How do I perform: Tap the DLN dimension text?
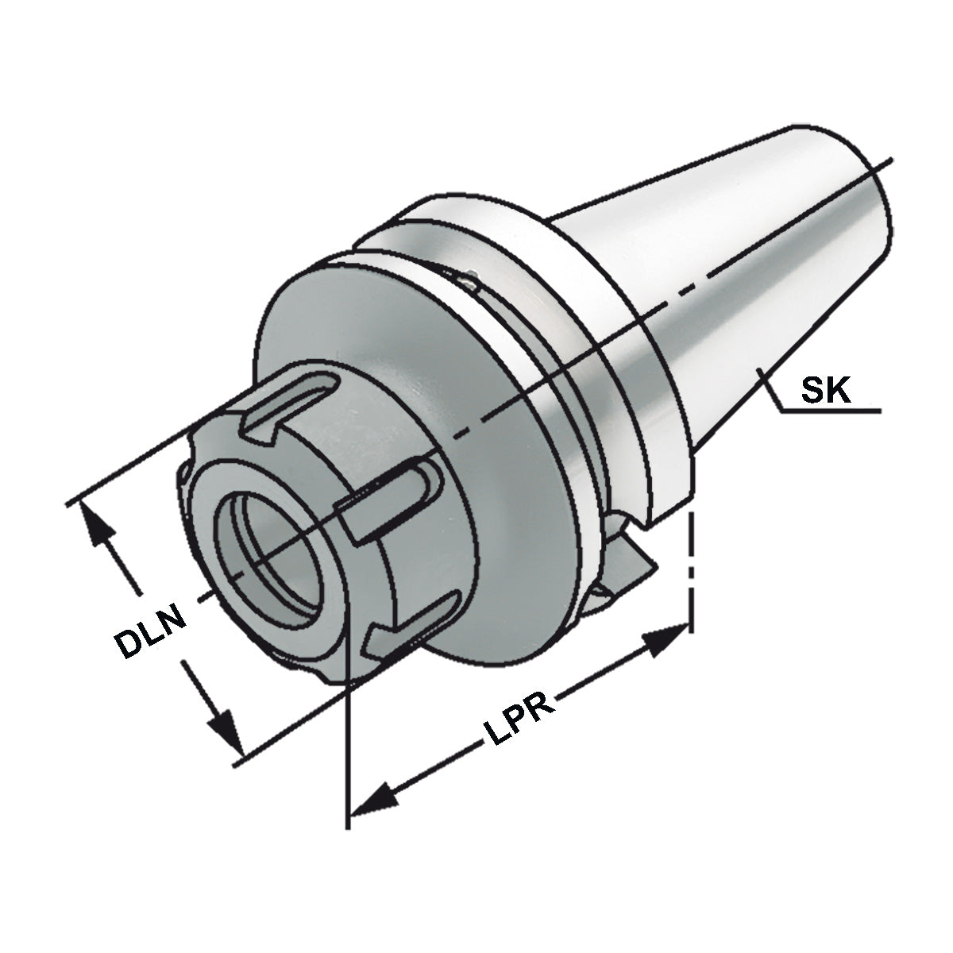tap(151, 632)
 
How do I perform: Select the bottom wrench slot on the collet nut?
tap(405, 627)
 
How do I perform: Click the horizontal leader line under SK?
tap(830, 411)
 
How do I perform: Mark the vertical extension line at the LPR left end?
tap(348, 754)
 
